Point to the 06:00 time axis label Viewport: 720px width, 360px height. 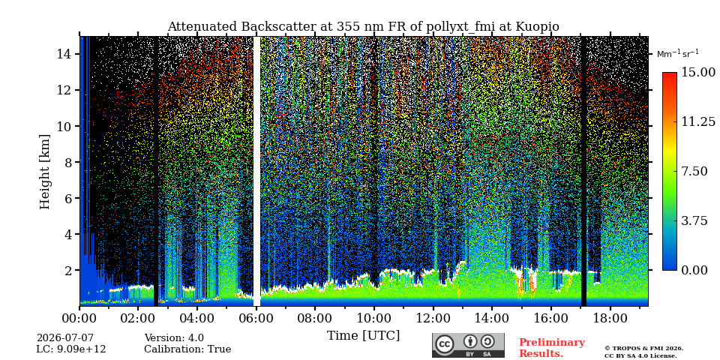coord(256,318)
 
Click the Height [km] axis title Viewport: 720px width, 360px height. coord(44,172)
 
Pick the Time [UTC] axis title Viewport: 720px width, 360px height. coord(363,336)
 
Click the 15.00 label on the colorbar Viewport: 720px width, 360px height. coord(698,73)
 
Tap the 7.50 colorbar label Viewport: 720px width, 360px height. coord(694,171)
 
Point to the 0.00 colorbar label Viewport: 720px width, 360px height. coord(694,270)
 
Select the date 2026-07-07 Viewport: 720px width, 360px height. coord(64,338)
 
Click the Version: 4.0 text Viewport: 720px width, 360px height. coord(174,338)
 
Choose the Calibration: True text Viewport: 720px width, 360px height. coord(187,349)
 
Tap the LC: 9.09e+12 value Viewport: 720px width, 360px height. coord(71,349)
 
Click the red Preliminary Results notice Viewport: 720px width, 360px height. coord(552,348)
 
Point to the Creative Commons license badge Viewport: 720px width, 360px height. coord(468,345)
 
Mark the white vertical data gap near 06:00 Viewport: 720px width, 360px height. coord(256,171)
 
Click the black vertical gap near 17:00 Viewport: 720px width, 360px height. coord(583,171)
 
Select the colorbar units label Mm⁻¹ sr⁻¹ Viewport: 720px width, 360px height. coord(678,53)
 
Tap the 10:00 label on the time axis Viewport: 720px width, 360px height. coord(373,318)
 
